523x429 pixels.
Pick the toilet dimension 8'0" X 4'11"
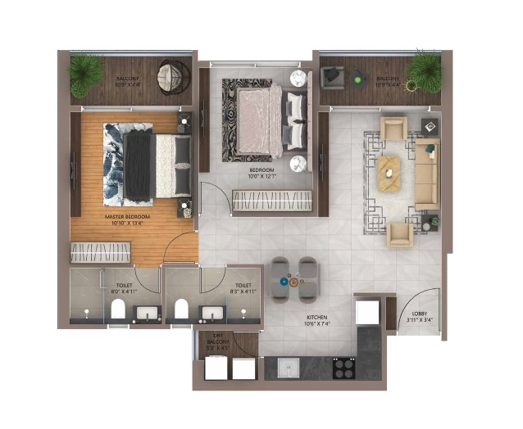coord(121,291)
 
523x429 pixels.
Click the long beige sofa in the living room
coord(427,174)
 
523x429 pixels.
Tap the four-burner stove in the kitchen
coord(343,368)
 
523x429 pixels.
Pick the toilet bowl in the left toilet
coord(117,309)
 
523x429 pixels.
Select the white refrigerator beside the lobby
coord(367,314)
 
